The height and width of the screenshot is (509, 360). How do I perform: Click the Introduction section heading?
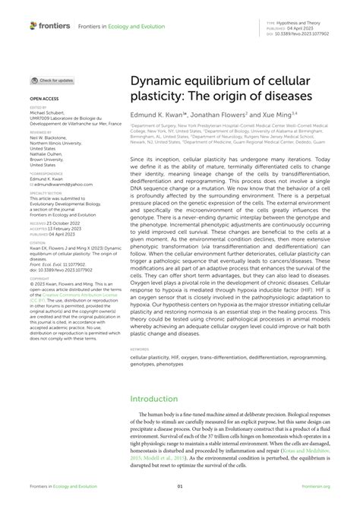pyautogui.click(x=154, y=398)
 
